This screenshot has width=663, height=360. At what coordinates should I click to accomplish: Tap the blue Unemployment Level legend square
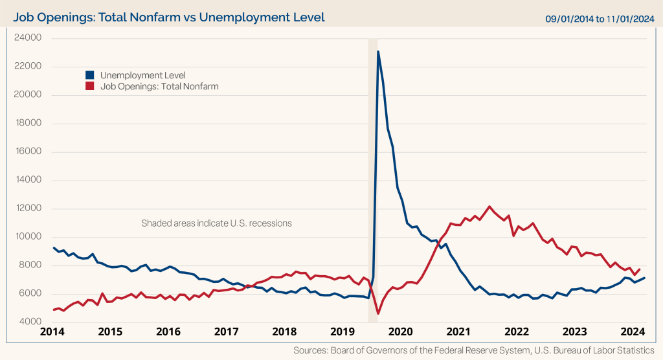(89, 75)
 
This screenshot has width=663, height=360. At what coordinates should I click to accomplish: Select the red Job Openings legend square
(89, 86)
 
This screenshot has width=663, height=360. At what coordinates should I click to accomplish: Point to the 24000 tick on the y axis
(28, 38)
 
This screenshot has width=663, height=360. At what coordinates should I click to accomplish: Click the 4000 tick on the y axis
(30, 322)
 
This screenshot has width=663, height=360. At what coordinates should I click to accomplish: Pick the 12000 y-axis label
(28, 208)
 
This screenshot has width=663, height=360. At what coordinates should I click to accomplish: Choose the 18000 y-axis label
(28, 123)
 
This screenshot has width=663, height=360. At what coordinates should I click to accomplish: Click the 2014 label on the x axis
(52, 333)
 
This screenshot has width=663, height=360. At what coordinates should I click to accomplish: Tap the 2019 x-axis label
(343, 333)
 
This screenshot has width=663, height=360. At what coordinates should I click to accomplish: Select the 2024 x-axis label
(633, 333)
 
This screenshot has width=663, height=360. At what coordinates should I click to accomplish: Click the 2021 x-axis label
(459, 333)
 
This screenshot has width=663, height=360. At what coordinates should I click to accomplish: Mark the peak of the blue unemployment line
(378, 52)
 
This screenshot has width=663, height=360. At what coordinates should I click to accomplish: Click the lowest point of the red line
(378, 314)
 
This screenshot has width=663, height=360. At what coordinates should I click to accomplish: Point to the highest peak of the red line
(489, 207)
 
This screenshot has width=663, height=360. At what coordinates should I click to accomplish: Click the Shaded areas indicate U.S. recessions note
(216, 223)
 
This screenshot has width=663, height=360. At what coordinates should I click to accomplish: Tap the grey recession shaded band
(373, 194)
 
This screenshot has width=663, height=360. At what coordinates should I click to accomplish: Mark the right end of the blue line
(644, 278)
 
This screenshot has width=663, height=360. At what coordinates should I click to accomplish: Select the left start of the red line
(54, 310)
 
